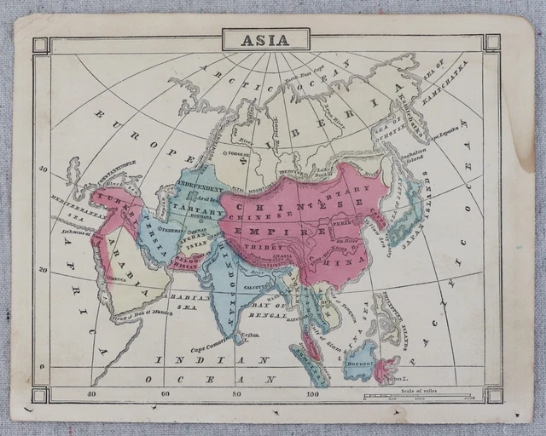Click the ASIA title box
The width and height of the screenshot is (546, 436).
[x=266, y=39]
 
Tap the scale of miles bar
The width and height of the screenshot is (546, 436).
[x=418, y=396]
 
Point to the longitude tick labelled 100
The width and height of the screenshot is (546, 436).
[x=314, y=393]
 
